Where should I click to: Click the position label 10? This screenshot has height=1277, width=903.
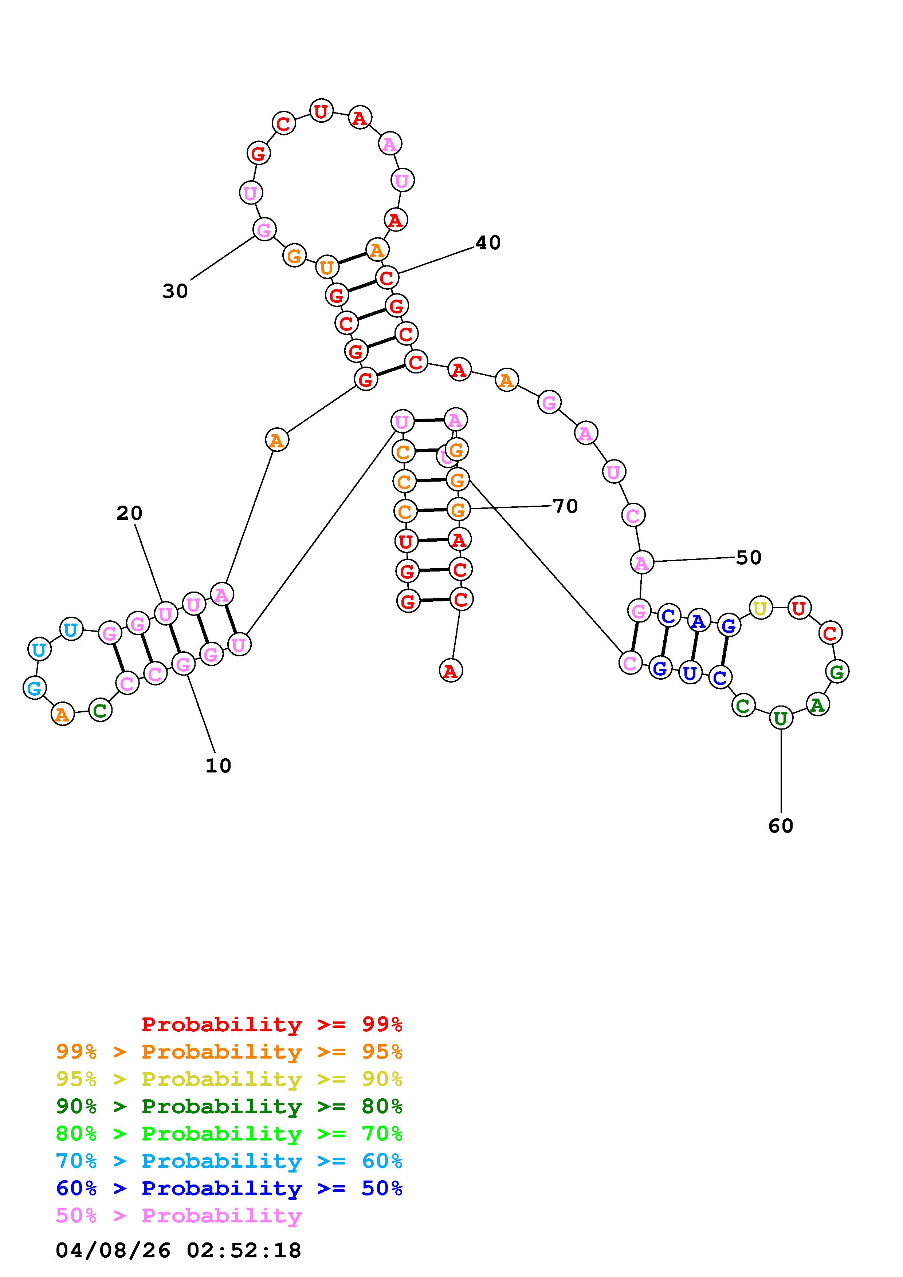218,766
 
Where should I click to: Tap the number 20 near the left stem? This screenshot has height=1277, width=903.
129,513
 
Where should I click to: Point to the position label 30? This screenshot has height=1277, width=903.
175,290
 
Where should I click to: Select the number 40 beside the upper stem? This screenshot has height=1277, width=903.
488,242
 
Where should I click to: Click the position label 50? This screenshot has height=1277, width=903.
748,557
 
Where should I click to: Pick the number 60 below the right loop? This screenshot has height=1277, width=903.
781,826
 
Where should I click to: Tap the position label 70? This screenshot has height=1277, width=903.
565,506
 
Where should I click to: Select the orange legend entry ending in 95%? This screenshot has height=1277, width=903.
229,1052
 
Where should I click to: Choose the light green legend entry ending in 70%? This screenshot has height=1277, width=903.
229,1134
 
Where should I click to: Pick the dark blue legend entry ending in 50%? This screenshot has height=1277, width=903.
229,1188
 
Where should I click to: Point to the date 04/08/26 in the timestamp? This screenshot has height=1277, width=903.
113,1250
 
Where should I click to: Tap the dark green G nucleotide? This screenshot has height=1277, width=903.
837,672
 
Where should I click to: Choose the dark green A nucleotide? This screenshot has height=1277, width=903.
817,705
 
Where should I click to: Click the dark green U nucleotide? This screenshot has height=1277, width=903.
781,719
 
